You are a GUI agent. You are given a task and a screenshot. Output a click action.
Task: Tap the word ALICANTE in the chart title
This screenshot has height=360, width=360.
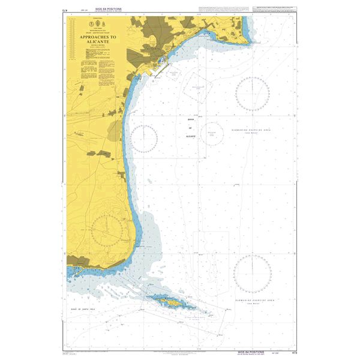(100, 43)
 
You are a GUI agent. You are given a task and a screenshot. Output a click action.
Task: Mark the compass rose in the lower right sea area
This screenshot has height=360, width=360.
(253, 274)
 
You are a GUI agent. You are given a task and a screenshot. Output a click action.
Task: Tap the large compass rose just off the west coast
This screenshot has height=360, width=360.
(145, 139)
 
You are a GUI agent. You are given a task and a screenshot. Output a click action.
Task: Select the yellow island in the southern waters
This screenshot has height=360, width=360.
(170, 304)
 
